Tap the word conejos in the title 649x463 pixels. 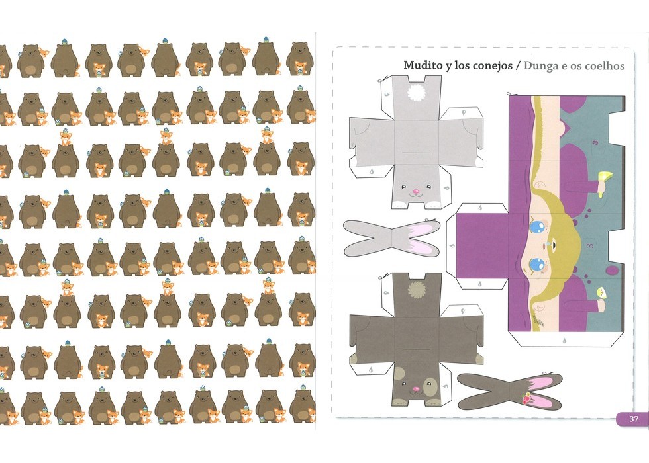(x=491, y=65)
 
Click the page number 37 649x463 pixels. (x=634, y=419)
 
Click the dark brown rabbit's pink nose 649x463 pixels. (x=416, y=389)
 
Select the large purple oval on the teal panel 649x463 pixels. (x=611, y=271)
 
